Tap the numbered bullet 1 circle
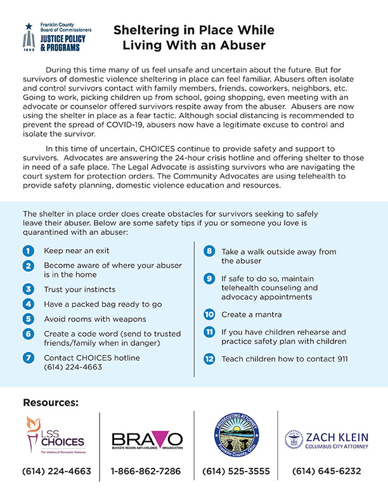[x=29, y=251]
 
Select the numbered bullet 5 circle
[x=29, y=319]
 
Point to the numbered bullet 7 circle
[x=29, y=358]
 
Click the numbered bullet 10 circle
[x=209, y=314]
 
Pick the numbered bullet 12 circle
[x=209, y=359]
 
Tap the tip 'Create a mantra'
[x=251, y=314]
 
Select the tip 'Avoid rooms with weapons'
[x=94, y=319]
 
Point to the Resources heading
[x=51, y=402]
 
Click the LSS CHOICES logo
[x=55, y=437]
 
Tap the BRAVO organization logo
[x=147, y=440]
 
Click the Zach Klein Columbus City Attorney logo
[x=327, y=439]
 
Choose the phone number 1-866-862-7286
[x=146, y=472]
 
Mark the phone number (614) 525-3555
[x=236, y=472]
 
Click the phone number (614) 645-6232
[x=327, y=472]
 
